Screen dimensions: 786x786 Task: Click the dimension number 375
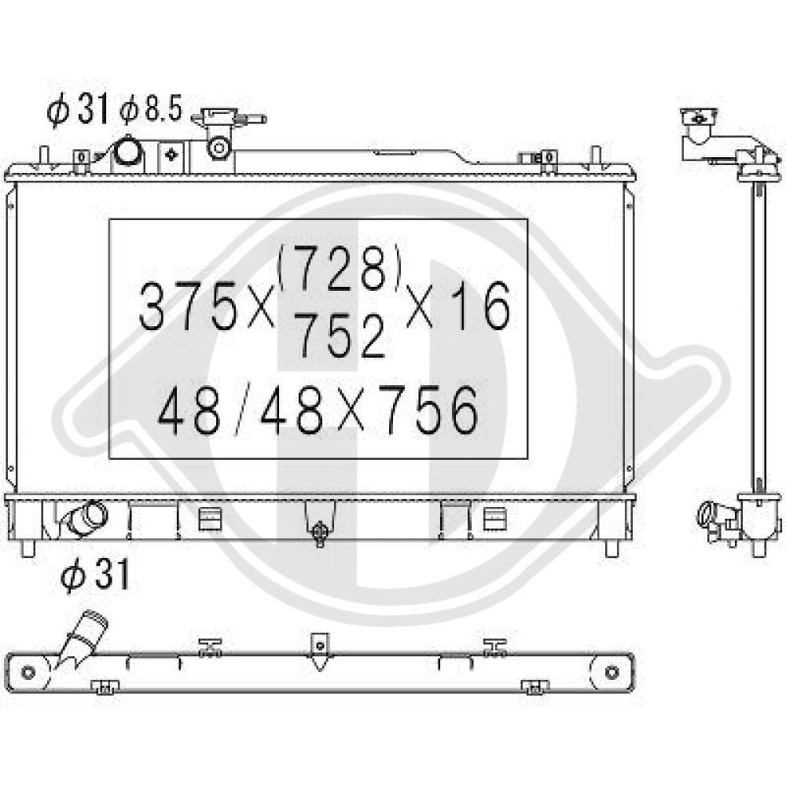coord(187,306)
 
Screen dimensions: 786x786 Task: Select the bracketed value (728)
coord(339,269)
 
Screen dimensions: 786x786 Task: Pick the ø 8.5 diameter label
coord(150,108)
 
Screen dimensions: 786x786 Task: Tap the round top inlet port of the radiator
coord(129,152)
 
